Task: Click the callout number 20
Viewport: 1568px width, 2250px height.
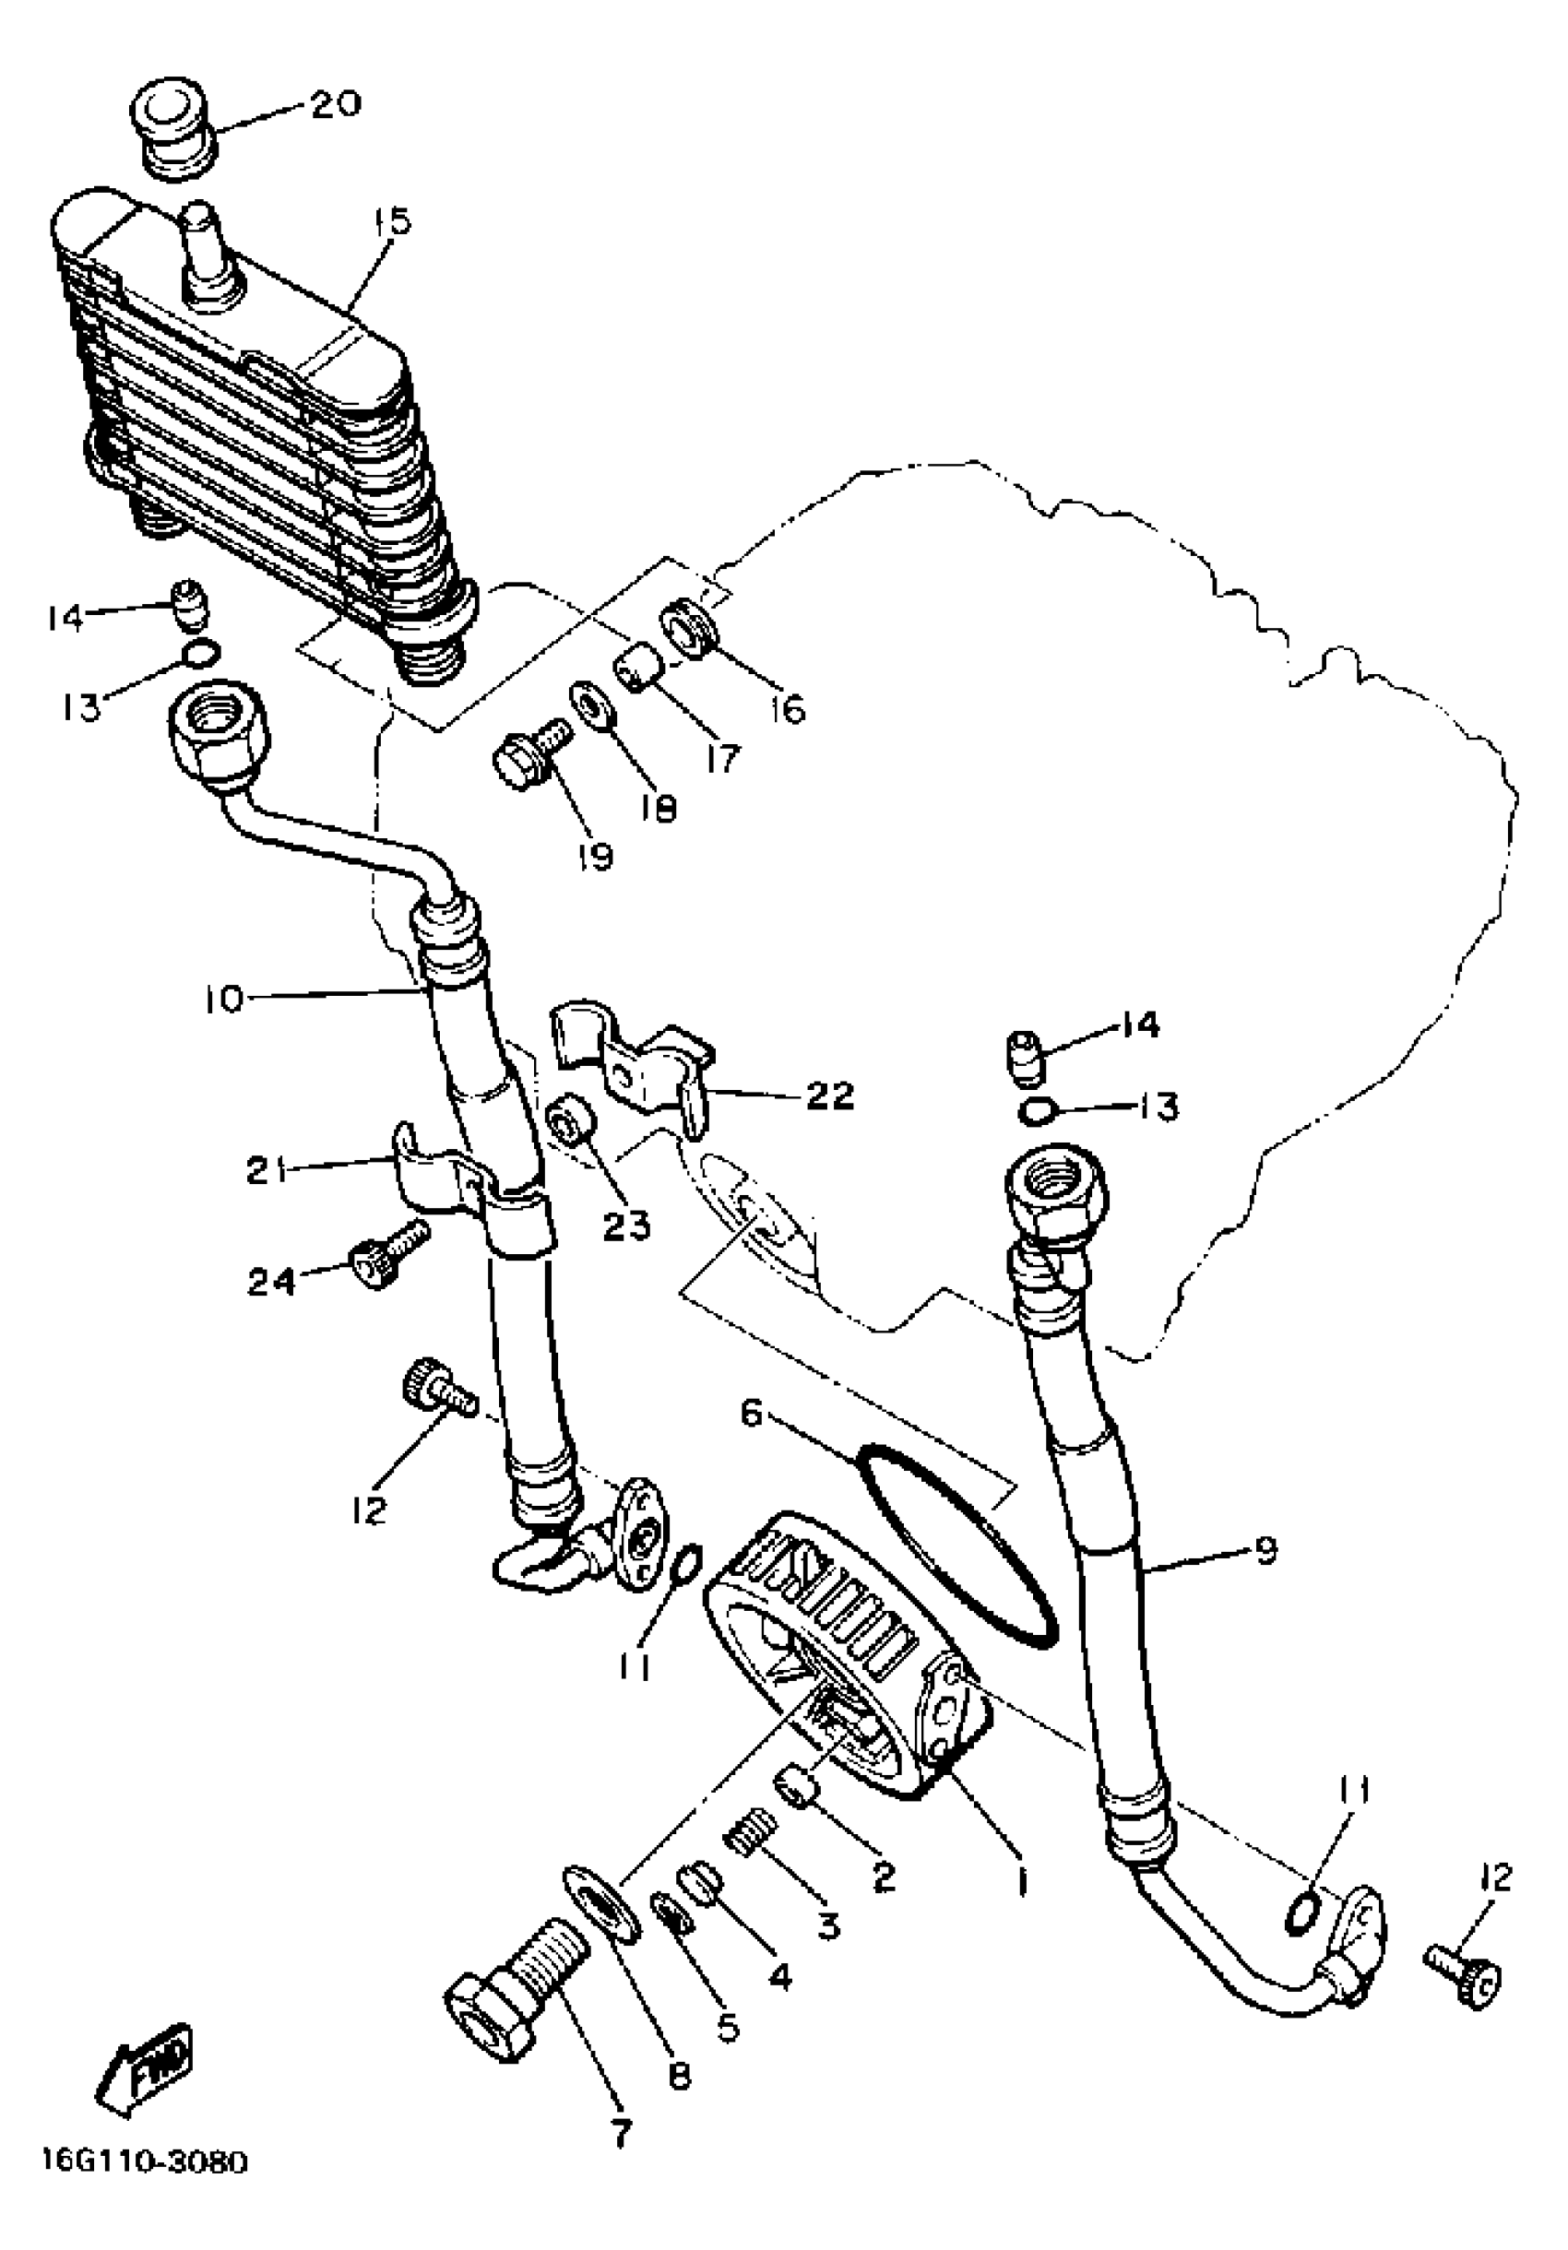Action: coord(335,104)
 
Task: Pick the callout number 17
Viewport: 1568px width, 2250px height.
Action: coord(721,756)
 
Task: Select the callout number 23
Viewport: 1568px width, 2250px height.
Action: coord(626,1224)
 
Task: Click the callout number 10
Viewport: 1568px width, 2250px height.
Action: coord(222,1001)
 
